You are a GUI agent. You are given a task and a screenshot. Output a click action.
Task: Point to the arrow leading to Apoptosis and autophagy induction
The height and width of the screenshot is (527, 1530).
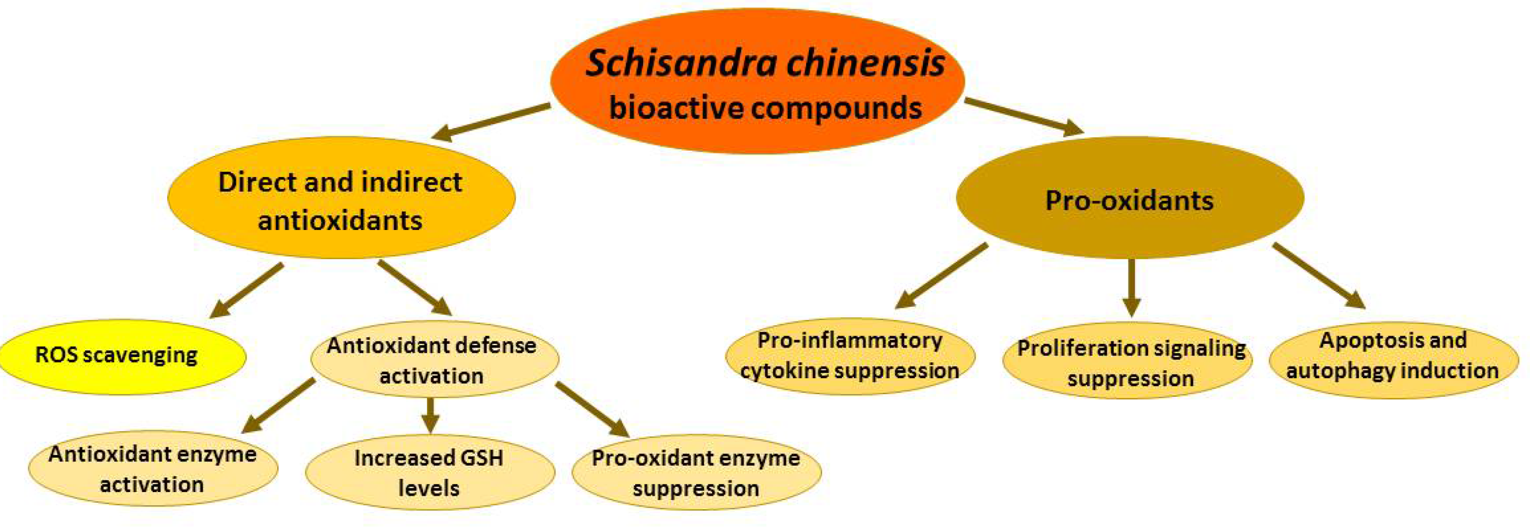pos(1319,276)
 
